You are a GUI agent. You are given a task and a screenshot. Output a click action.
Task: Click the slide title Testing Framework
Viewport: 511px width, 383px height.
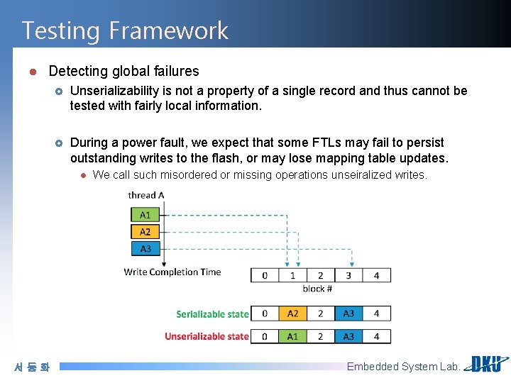pos(125,30)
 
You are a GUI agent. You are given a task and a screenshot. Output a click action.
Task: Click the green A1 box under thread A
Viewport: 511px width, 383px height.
pos(145,214)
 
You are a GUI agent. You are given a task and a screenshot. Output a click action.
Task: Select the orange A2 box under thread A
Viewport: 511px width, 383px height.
pos(145,231)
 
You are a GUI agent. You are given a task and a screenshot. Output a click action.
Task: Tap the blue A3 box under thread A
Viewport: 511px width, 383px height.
pos(145,248)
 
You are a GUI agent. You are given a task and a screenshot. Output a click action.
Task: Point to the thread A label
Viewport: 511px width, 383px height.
pos(146,195)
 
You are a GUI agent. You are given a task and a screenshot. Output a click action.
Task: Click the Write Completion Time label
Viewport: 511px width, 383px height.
pos(172,272)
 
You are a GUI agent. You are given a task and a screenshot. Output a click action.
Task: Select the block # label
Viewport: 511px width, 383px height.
pos(317,289)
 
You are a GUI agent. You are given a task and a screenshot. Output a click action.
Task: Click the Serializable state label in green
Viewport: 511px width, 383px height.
pos(212,313)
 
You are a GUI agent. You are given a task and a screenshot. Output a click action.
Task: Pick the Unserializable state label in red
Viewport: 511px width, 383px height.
pos(207,336)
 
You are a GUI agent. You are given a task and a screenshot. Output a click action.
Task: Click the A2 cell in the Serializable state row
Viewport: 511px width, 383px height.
pos(292,313)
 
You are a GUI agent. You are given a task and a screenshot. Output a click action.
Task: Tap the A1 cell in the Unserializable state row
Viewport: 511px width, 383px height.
pos(292,336)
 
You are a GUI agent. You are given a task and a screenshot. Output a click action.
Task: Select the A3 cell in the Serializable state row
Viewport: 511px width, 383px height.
pos(348,313)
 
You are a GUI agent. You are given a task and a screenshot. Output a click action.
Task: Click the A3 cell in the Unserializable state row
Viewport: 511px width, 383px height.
pos(348,336)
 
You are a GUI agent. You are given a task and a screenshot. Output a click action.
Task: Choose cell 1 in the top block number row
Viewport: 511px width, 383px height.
pos(292,275)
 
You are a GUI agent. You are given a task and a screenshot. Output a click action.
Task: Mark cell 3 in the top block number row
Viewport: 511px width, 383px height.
pos(348,275)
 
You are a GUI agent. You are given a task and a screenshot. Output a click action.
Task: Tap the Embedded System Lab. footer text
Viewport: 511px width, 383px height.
pos(403,367)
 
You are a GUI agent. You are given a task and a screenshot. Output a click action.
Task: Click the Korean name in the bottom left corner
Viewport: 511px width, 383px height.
pos(32,367)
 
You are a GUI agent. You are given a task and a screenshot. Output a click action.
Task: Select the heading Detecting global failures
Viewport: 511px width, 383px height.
pos(123,71)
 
